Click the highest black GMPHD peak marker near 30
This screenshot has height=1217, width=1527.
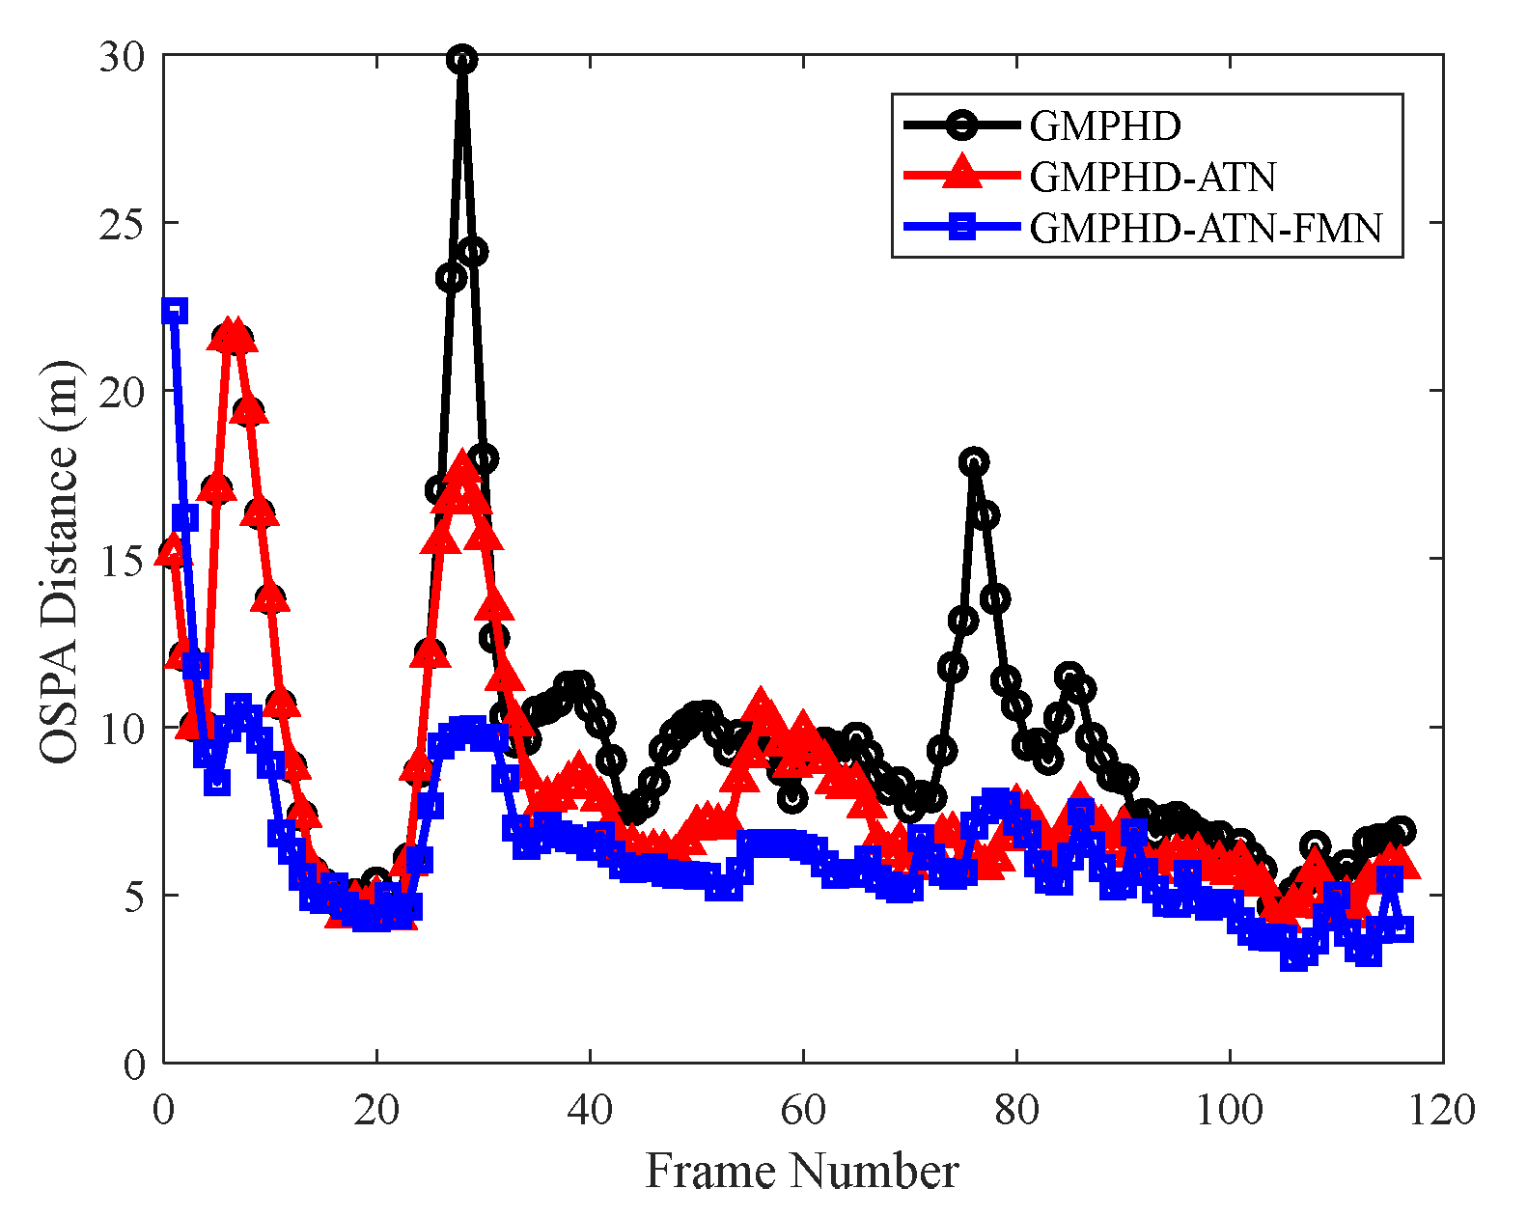pyautogui.click(x=462, y=60)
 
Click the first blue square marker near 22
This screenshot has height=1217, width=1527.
pyautogui.click(x=175, y=311)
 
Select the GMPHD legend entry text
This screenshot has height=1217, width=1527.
pyautogui.click(x=1105, y=125)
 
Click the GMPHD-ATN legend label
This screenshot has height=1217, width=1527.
pyautogui.click(x=1152, y=177)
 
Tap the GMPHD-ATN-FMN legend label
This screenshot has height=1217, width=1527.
pyautogui.click(x=1206, y=228)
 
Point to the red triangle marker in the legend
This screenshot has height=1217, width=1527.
pyautogui.click(x=961, y=174)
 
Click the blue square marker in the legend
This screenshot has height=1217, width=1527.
pyautogui.click(x=961, y=228)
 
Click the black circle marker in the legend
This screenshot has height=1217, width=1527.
pyautogui.click(x=961, y=124)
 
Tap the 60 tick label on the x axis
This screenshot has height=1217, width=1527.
pyautogui.click(x=803, y=1110)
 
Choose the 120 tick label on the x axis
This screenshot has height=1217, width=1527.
pyautogui.click(x=1441, y=1110)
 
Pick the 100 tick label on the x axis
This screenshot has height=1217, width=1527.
pyautogui.click(x=1229, y=1110)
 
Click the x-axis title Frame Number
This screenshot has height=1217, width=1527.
pyautogui.click(x=801, y=1172)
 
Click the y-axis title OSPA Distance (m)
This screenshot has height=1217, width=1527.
pyautogui.click(x=60, y=562)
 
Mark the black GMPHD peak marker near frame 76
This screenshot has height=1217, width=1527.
pyautogui.click(x=974, y=461)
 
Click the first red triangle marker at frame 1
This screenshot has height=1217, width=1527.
pyautogui.click(x=172, y=551)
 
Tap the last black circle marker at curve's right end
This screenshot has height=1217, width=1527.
pyautogui.click(x=1402, y=830)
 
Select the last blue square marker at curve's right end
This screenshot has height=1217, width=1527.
pyautogui.click(x=1402, y=928)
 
